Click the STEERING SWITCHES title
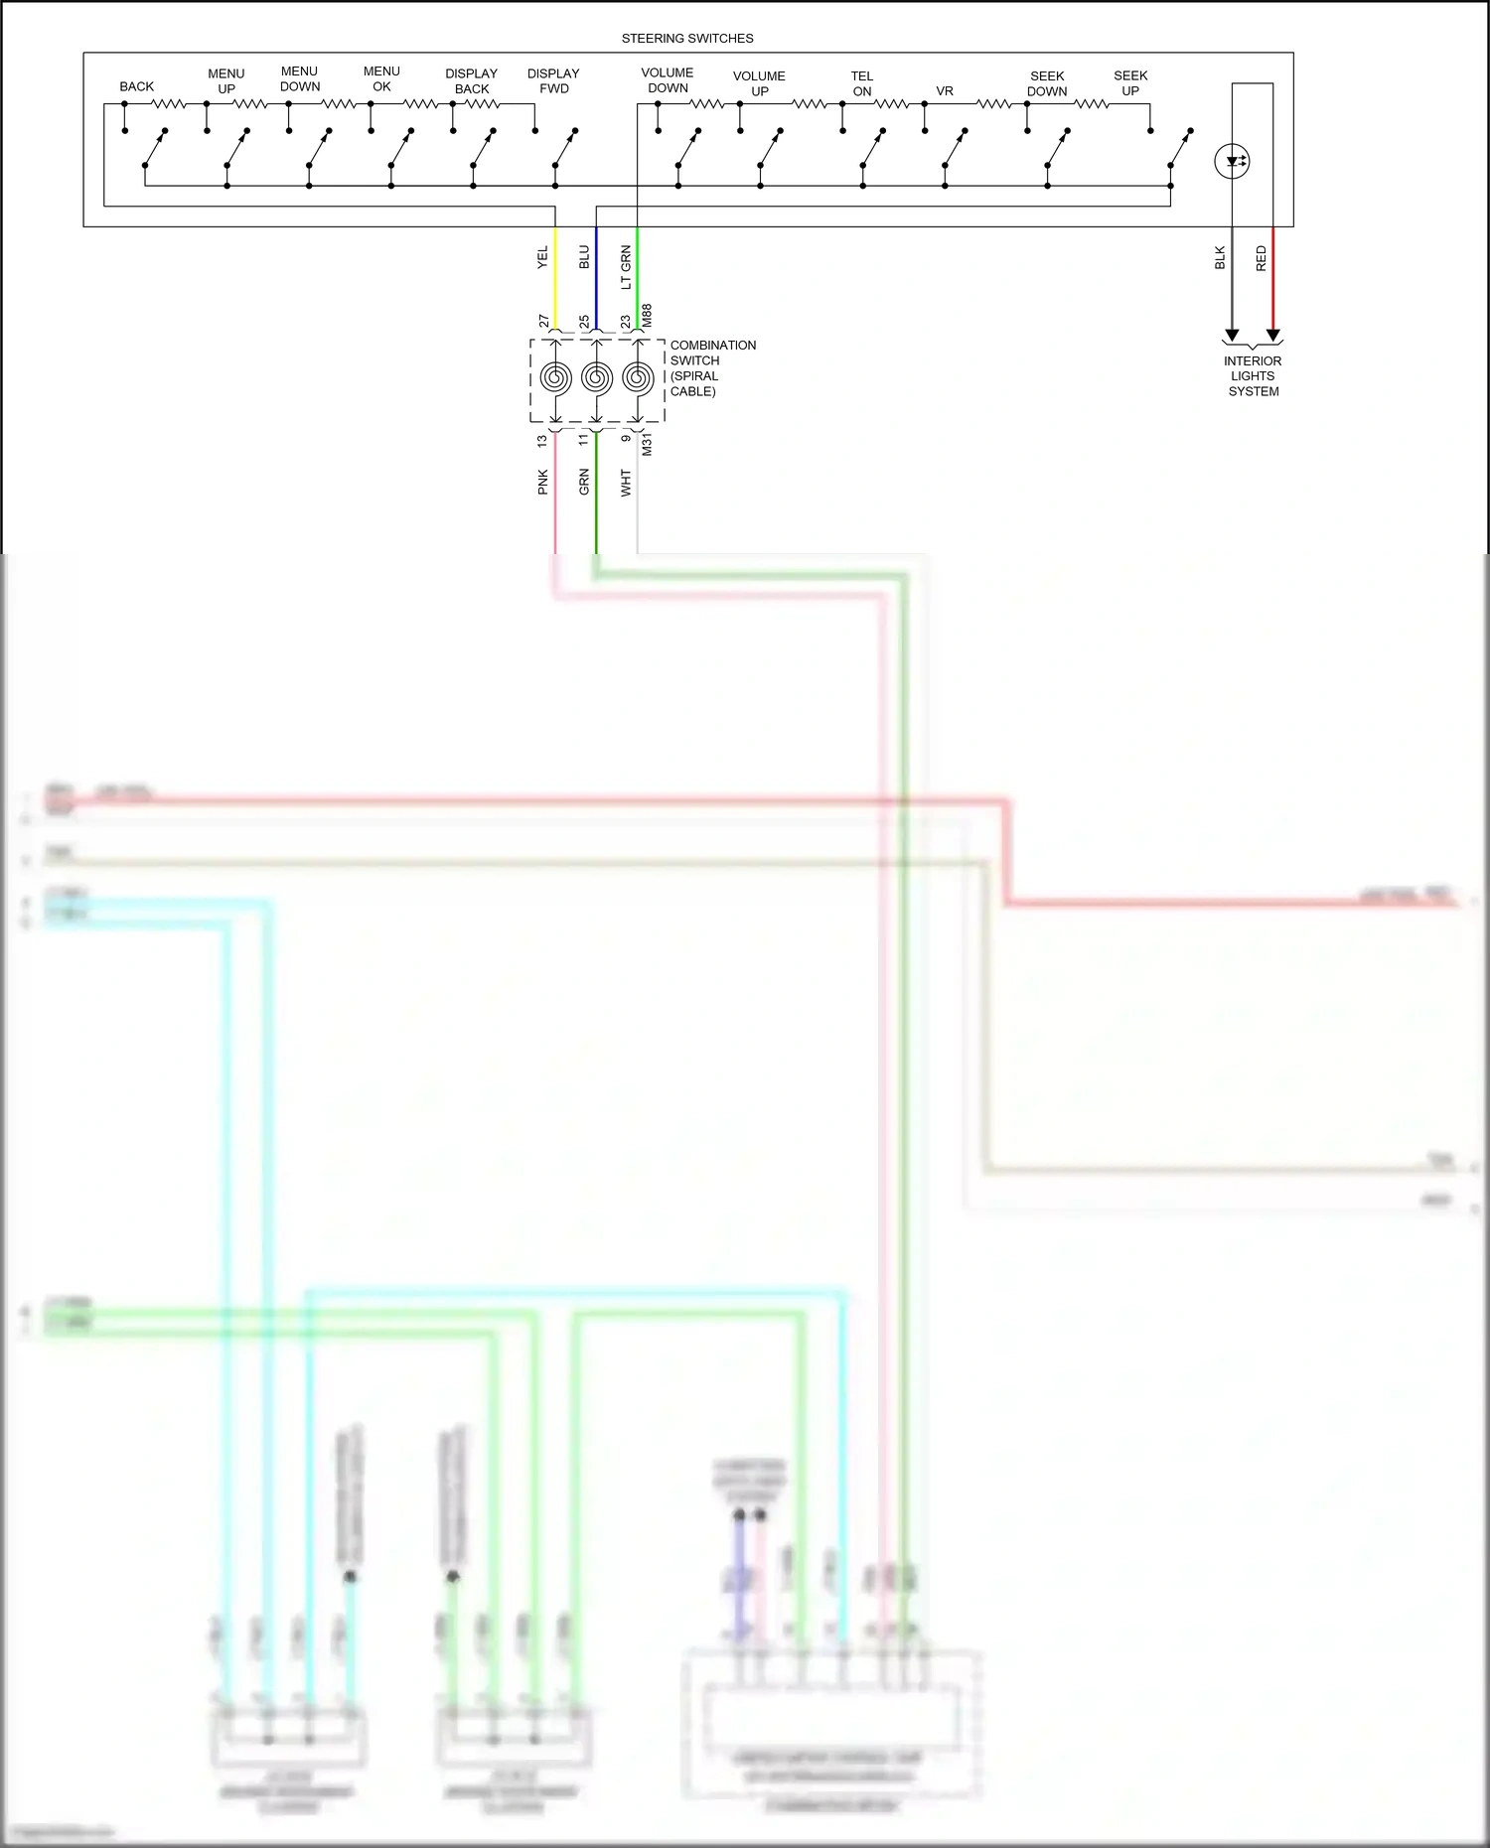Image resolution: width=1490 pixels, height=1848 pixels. point(687,39)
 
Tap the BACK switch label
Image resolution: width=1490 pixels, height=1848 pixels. point(137,86)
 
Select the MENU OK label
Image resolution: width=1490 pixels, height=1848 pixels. point(381,79)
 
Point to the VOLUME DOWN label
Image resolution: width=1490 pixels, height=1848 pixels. point(668,80)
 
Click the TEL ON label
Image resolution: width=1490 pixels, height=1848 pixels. point(862,83)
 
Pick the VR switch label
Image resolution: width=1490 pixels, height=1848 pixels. point(945,91)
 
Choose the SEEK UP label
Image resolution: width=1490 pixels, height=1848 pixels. point(1130,83)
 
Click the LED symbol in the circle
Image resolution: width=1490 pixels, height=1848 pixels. point(1233,161)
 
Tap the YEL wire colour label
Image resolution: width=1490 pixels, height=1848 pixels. point(542,258)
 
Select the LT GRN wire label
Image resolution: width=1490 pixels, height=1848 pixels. point(626,267)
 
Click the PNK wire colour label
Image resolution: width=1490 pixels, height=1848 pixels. point(542,483)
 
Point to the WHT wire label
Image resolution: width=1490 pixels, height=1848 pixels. point(626,483)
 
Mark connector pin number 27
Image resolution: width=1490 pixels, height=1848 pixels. point(543,321)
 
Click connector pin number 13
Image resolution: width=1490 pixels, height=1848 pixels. point(542,440)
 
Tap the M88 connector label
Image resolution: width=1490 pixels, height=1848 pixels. point(647,316)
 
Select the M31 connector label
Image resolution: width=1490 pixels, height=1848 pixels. point(647,444)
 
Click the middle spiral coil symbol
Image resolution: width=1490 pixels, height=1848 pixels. point(596,377)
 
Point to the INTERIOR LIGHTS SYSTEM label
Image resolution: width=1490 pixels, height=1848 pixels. point(1253,376)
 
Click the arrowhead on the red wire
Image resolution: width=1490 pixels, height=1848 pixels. point(1273,336)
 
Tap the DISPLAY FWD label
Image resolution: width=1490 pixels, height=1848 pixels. point(553,81)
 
